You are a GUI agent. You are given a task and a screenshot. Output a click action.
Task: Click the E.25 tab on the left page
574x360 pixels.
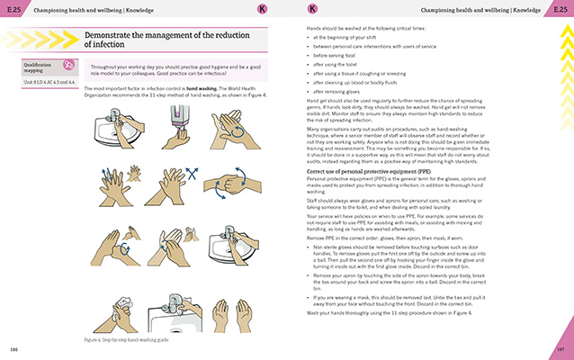[13, 9]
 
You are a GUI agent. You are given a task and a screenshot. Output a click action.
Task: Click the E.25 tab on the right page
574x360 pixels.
[560, 9]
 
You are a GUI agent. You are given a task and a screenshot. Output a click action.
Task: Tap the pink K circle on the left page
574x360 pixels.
[262, 9]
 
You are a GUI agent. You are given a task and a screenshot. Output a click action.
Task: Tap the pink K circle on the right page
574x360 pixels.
[311, 9]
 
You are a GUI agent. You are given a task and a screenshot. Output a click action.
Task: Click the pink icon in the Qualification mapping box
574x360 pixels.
[69, 65]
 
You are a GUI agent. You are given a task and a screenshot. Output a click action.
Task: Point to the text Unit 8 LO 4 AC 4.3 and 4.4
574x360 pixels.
[50, 83]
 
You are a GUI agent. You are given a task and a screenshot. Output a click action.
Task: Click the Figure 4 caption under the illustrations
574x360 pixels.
[127, 340]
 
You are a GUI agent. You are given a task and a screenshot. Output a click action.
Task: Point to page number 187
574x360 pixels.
[559, 348]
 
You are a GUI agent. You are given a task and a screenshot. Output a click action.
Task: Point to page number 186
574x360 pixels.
[14, 348]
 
